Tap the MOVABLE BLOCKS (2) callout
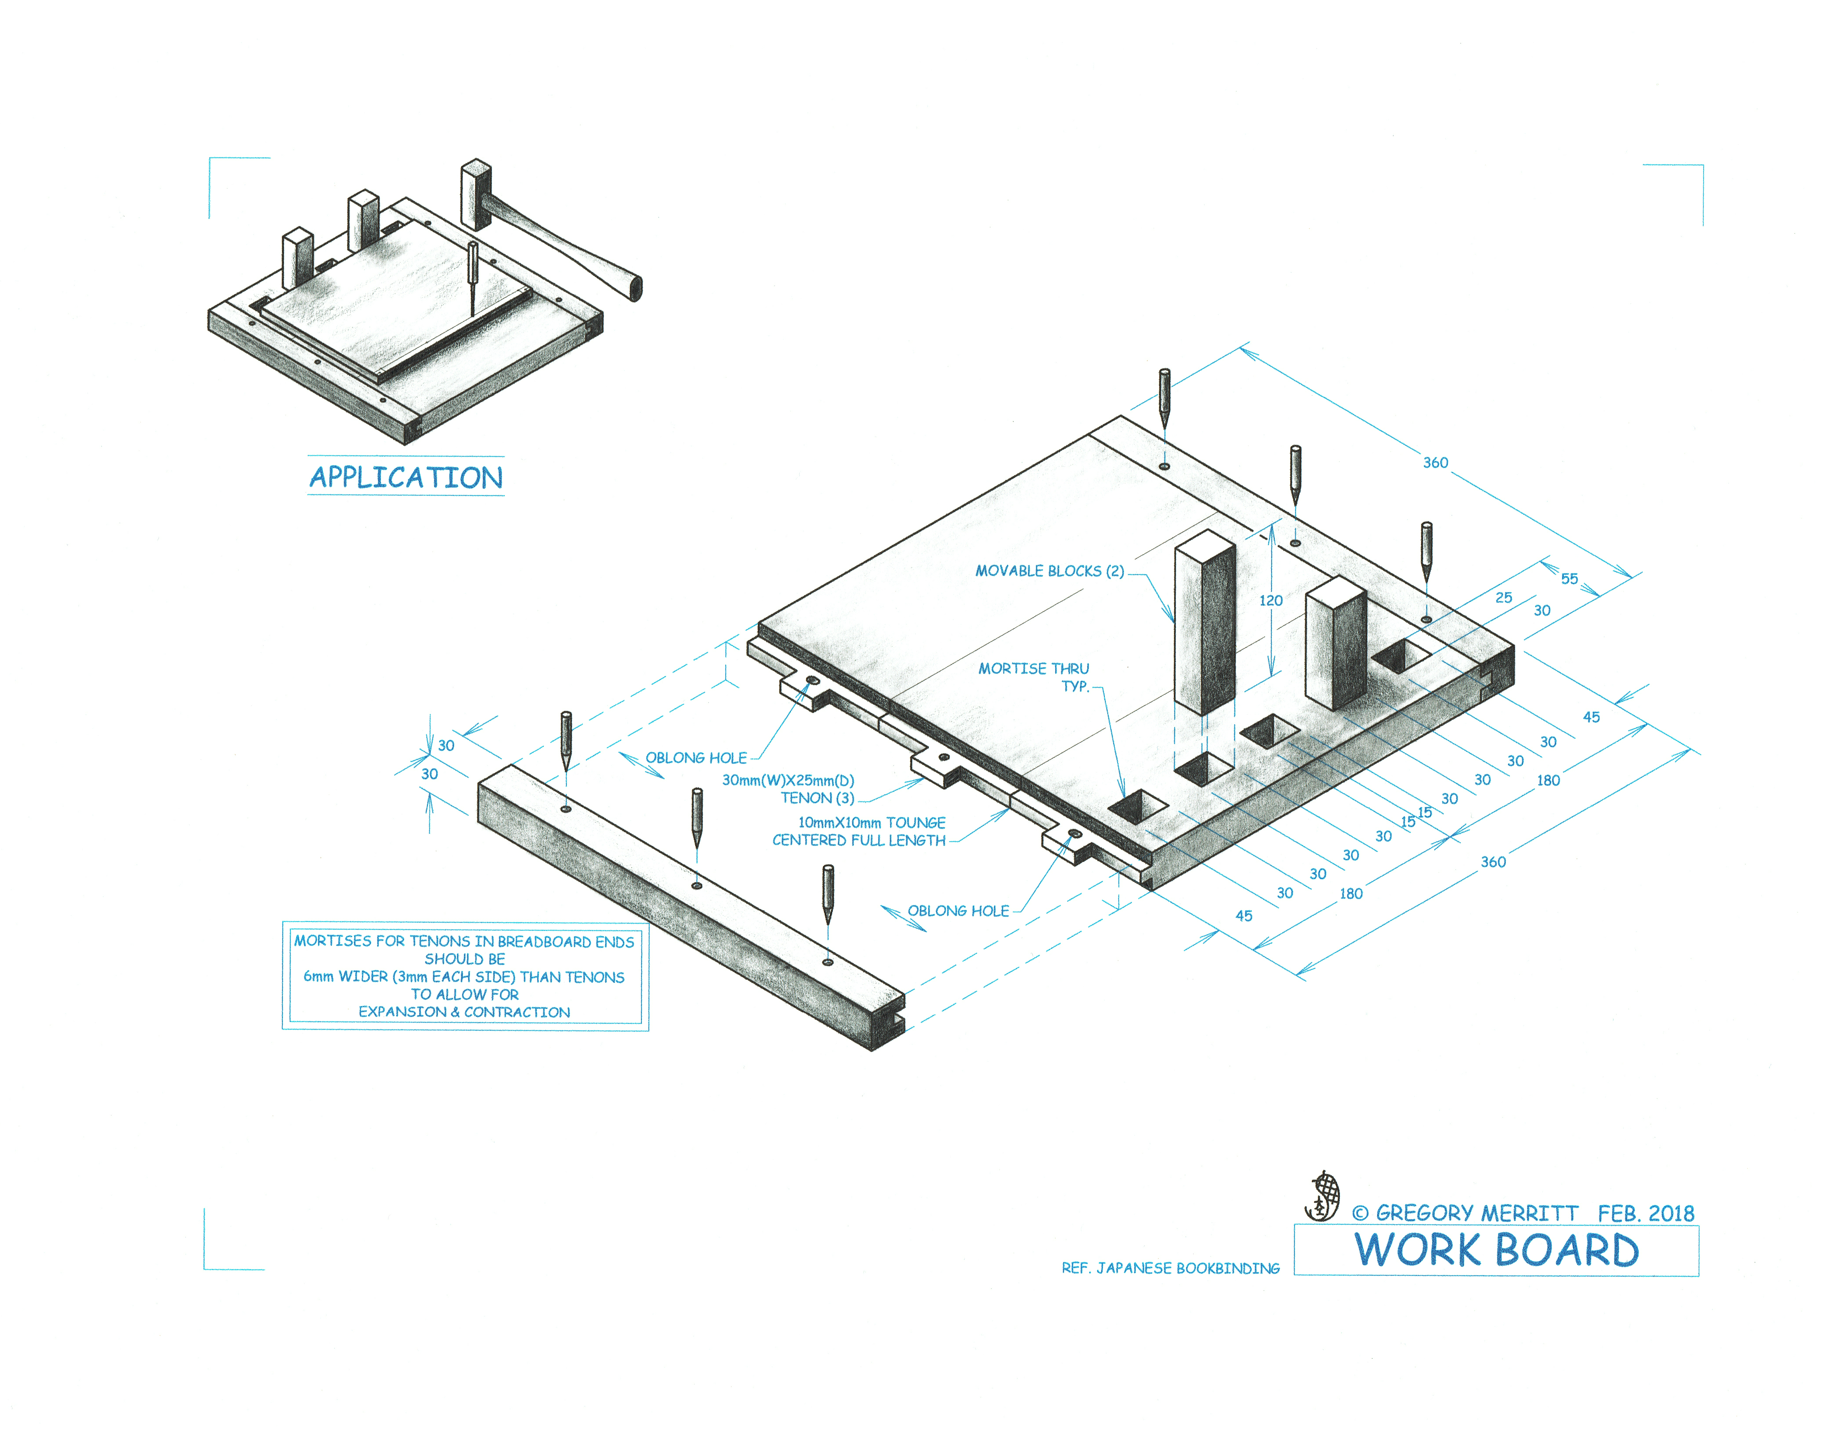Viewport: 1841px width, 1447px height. (1049, 571)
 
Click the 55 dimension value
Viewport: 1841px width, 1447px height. (1569, 579)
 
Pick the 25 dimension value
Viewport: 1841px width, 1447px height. (1503, 597)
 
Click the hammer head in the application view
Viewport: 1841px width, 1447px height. (476, 194)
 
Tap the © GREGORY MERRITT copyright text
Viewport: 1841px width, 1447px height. (1465, 1213)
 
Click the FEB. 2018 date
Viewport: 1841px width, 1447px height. (1645, 1213)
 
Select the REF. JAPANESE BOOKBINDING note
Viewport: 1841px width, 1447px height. (1170, 1268)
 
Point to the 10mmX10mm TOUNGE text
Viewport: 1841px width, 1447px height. (871, 823)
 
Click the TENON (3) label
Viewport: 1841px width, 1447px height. (817, 798)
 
